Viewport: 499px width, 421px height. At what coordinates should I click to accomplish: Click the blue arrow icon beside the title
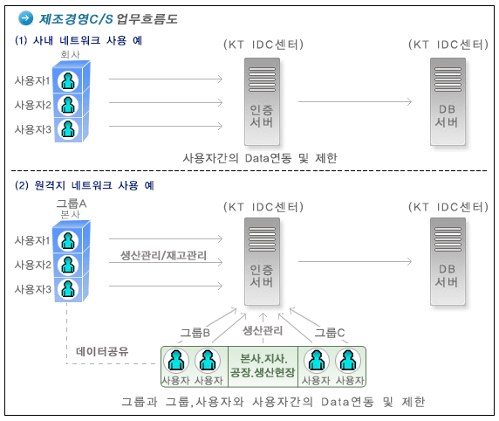point(26,17)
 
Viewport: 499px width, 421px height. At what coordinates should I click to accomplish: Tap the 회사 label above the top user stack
point(71,54)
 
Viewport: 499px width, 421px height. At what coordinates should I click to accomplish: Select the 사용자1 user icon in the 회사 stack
point(68,81)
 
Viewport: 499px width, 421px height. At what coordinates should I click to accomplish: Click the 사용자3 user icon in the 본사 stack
point(68,289)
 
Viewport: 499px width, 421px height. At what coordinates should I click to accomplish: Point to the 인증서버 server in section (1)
point(262,101)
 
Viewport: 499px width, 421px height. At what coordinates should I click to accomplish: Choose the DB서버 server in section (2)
point(448,262)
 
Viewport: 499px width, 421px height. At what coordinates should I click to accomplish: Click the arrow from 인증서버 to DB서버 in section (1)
point(355,102)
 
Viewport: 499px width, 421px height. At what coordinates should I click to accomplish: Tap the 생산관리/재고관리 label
point(164,255)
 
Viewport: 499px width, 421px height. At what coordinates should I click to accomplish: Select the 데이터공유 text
point(102,351)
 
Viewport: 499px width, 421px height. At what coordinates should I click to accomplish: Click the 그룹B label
point(195,333)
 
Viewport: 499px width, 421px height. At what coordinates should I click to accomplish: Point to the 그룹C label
point(330,333)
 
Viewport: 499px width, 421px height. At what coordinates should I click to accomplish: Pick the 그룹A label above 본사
point(72,204)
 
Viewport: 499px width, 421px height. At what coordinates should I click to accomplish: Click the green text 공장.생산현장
point(263,372)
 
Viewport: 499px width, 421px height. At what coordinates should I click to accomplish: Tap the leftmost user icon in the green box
point(176,361)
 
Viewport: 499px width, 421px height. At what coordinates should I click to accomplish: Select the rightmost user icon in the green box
point(348,361)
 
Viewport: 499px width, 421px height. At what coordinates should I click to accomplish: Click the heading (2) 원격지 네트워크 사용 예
point(85,185)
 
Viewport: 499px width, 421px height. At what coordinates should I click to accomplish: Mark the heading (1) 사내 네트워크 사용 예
point(79,40)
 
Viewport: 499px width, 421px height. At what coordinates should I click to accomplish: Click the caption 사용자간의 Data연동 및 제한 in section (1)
point(260,158)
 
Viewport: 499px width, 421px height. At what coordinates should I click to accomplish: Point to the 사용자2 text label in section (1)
point(33,105)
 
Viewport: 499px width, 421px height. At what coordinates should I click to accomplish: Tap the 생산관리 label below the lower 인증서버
point(263,330)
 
